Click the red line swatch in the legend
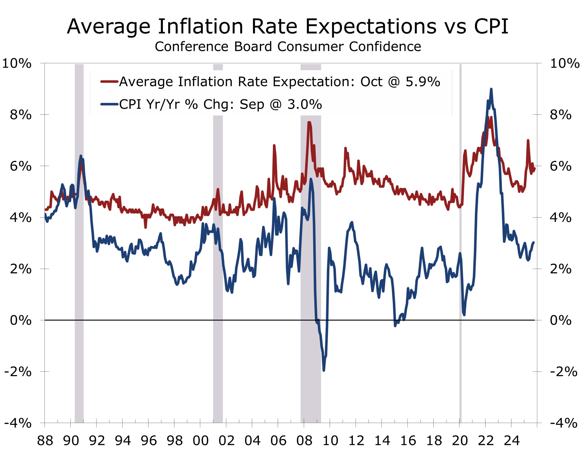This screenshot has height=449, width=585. pos(109,82)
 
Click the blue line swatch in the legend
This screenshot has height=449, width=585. pos(109,104)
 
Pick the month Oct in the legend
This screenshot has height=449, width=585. pos(371,82)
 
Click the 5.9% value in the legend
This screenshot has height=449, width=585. pos(423,82)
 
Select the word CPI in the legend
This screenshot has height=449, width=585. pos(130,104)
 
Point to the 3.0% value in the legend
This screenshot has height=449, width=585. pos(305,104)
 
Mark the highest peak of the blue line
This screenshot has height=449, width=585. pos(491,89)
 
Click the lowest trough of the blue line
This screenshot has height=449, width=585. pos(324,370)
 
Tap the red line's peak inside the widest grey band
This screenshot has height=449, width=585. pos(309,122)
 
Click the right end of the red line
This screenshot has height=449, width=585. pos(534,168)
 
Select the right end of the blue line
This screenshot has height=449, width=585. pos(534,242)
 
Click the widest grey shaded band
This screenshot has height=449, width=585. pos(311,267)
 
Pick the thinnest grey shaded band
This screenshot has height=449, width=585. pos(460,267)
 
